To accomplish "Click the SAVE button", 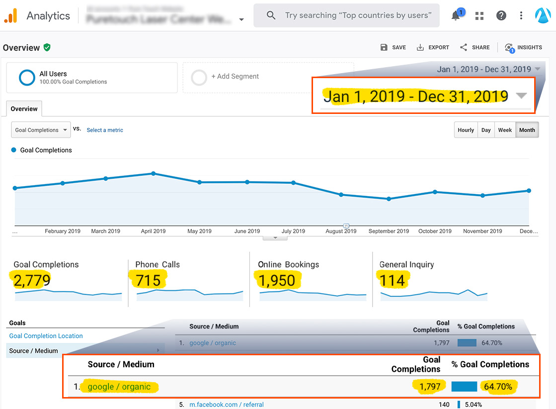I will (393, 47).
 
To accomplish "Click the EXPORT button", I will (433, 47).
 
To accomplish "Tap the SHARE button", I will (475, 47).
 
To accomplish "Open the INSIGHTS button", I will (523, 47).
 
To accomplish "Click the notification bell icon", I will (456, 16).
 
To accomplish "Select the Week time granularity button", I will (505, 130).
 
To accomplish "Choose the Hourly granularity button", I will (466, 130).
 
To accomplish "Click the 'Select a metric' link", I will (105, 130).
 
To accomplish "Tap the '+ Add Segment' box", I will (268, 77).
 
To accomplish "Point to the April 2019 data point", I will (154, 174).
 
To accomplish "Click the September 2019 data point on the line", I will (389, 199).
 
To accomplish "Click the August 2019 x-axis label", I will (340, 231).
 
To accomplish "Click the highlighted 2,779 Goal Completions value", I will (32, 281).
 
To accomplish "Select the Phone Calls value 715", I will (148, 281).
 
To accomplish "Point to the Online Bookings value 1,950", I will (277, 281).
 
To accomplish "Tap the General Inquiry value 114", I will (392, 281).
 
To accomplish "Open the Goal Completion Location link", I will (46, 336).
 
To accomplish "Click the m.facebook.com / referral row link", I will (227, 405).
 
